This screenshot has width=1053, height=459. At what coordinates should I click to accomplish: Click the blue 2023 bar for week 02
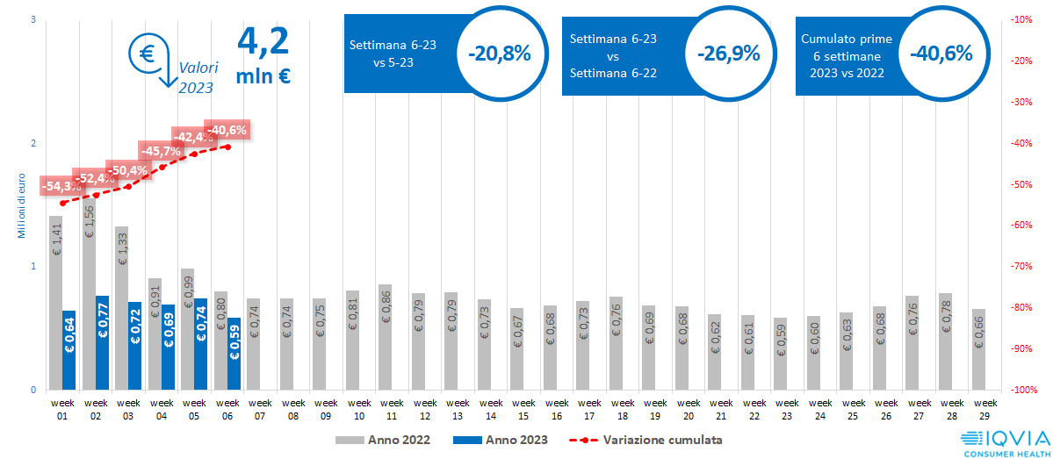[102, 342]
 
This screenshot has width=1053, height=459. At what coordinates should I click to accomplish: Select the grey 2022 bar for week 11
[385, 337]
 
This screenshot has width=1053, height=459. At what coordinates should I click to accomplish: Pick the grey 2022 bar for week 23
[779, 354]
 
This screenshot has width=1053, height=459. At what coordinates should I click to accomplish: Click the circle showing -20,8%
[500, 54]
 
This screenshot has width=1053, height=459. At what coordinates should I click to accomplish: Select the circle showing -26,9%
[728, 54]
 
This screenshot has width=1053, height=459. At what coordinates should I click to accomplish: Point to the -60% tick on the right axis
[1021, 226]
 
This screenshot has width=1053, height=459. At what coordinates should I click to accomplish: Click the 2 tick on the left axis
[32, 143]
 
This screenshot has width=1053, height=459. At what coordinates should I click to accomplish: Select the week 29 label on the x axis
[984, 409]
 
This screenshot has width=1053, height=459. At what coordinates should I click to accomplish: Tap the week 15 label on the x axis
[523, 409]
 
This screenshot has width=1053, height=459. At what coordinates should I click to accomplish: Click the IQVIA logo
[1004, 441]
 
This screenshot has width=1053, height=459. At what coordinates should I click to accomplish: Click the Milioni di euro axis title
[20, 205]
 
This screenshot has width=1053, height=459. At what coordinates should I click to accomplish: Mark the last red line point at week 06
[227, 147]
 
